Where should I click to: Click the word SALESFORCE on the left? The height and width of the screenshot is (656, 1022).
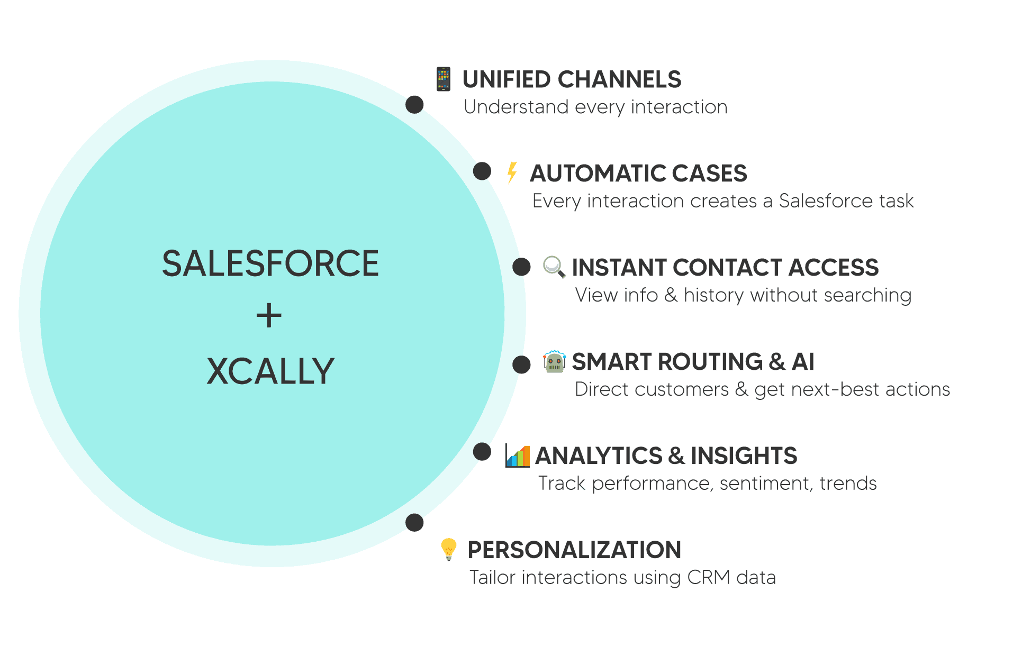(270, 263)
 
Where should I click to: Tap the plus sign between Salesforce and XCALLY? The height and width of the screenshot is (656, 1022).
(269, 316)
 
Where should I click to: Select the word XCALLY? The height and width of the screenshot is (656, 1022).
(270, 371)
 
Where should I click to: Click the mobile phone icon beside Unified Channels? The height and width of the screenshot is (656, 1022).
(444, 79)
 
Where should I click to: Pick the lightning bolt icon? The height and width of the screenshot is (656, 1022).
(512, 173)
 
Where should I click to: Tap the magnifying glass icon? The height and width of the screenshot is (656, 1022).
(554, 267)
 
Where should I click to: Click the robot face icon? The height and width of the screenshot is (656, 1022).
(554, 362)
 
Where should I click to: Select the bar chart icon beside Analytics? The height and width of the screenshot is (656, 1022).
(517, 455)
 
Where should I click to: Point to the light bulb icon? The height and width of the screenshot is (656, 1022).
(448, 549)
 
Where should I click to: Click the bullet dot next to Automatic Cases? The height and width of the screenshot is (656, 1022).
(482, 171)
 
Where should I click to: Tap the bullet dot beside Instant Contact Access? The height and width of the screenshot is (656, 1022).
(521, 267)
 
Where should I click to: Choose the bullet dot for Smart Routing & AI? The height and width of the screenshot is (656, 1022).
(521, 365)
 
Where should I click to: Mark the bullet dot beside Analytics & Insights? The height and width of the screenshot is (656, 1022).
(482, 452)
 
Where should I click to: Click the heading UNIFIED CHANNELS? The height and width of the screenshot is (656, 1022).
(572, 80)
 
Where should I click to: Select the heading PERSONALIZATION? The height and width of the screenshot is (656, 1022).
(574, 550)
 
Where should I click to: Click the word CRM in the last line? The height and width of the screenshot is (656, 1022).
(709, 577)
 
